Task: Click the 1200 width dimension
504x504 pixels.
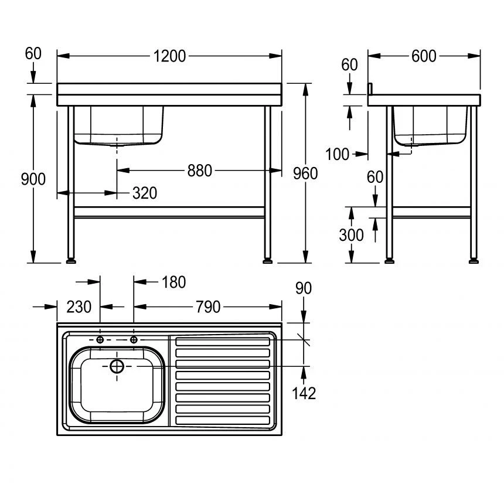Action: click(169, 56)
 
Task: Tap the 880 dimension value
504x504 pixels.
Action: click(200, 171)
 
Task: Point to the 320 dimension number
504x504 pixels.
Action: click(145, 193)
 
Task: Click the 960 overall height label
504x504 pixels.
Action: click(305, 173)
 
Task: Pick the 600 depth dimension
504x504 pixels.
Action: click(424, 56)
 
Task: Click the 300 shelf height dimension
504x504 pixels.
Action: click(351, 234)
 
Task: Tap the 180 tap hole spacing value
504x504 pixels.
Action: click(173, 282)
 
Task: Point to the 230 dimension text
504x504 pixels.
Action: click(79, 307)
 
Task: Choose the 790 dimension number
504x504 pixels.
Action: click(207, 307)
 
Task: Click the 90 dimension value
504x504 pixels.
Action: click(304, 288)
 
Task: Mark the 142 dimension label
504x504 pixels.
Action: click(304, 393)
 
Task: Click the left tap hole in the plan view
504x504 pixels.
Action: click(100, 340)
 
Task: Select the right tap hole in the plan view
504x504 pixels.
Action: click(134, 340)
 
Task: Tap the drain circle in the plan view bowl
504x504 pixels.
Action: click(117, 366)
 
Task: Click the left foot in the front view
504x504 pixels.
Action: click(71, 258)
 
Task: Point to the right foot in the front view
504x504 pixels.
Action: click(269, 258)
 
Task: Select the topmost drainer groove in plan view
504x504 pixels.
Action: click(223, 342)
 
